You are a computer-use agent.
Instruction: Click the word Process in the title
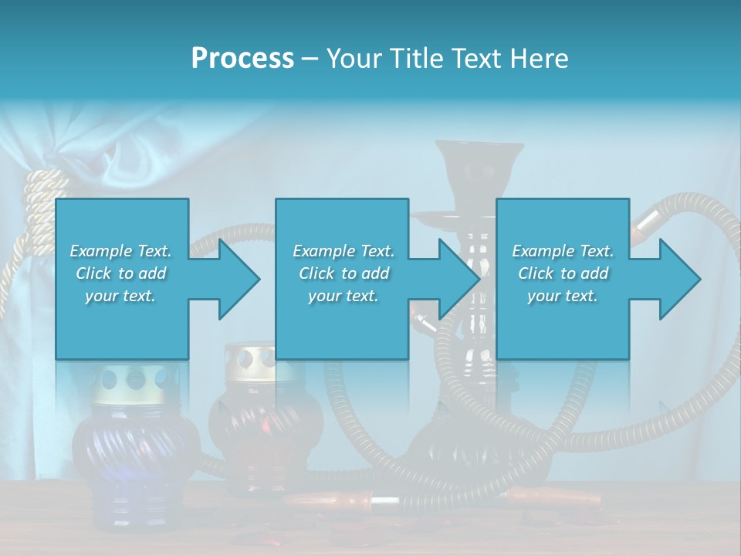pyautogui.click(x=242, y=59)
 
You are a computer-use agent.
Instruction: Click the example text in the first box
pyautogui.click(x=120, y=273)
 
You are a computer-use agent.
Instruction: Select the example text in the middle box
pyautogui.click(x=343, y=273)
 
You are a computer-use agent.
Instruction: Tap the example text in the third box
pyautogui.click(x=563, y=273)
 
